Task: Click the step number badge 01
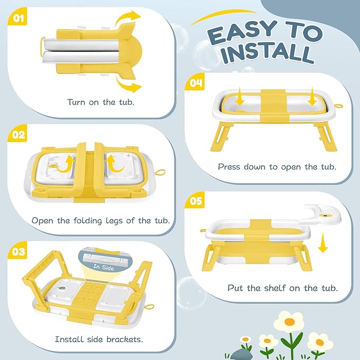(19, 20)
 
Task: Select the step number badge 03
(19, 251)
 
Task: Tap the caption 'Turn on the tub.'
(101, 101)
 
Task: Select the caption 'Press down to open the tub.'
(277, 166)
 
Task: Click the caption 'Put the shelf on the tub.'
(283, 288)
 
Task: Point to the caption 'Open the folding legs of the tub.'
(101, 220)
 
